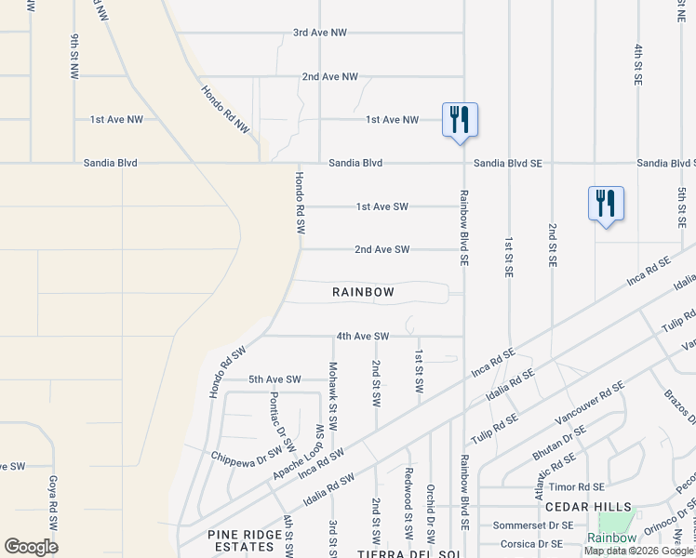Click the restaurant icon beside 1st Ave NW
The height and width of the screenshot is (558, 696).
tap(459, 120)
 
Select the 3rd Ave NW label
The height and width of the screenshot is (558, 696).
tap(319, 33)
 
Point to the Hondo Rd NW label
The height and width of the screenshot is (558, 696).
tap(226, 109)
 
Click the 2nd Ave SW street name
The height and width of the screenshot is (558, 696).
tap(381, 249)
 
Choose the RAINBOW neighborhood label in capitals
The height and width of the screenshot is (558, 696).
tap(363, 292)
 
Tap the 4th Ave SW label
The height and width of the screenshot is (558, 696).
tap(362, 336)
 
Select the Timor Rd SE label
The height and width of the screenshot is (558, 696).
tap(577, 486)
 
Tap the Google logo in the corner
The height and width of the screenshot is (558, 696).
tap(31, 547)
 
